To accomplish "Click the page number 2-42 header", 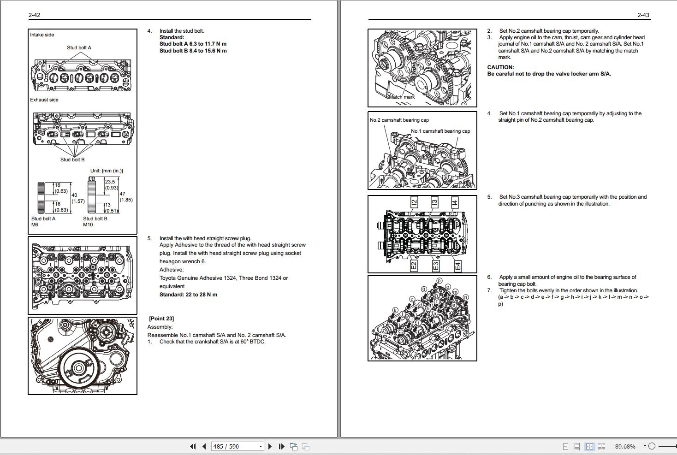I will tap(34, 15).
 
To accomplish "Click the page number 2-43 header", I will tap(643, 15).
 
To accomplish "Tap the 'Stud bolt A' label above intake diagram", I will tap(79, 47).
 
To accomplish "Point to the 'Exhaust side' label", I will tap(44, 100).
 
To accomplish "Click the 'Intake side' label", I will tap(42, 35).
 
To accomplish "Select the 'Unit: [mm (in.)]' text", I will tap(107, 171).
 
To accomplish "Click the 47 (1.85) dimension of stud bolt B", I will tap(126, 197).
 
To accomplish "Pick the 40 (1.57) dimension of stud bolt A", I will tap(78, 198).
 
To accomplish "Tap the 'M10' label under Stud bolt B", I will tap(88, 225).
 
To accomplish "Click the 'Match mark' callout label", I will tap(402, 97).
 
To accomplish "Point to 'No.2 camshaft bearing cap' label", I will tap(399, 120).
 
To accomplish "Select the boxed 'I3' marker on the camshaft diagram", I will tap(434, 202).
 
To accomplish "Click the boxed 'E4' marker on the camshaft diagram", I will tap(458, 266).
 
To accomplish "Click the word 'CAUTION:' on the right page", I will tap(500, 67).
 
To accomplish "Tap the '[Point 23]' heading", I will tap(161, 319).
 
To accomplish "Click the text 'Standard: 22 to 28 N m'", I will tap(188, 295).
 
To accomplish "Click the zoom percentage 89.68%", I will tap(625, 446).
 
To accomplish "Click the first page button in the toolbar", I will tap(193, 446).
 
